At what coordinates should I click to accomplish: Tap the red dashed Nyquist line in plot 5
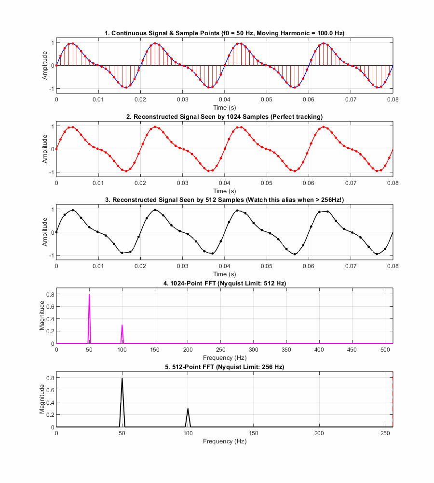pyautogui.click(x=393, y=399)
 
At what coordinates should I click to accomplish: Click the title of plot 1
pyautogui.click(x=225, y=33)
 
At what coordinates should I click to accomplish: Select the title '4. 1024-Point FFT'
pyautogui.click(x=225, y=284)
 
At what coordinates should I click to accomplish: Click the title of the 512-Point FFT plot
pyautogui.click(x=225, y=367)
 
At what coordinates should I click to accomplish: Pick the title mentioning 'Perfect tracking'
pyautogui.click(x=225, y=117)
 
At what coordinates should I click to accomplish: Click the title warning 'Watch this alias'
pyautogui.click(x=225, y=200)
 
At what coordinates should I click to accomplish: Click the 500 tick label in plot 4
pyautogui.click(x=385, y=350)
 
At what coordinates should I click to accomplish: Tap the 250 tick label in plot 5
pyautogui.click(x=385, y=433)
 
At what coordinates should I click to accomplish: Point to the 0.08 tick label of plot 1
pyautogui.click(x=393, y=99)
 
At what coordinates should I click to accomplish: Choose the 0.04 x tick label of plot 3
pyautogui.click(x=225, y=266)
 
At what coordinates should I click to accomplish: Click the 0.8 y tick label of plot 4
pyautogui.click(x=51, y=295)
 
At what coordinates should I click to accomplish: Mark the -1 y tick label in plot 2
pyautogui.click(x=52, y=172)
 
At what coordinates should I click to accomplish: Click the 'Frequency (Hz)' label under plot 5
pyautogui.click(x=225, y=441)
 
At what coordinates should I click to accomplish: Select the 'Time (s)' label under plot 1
pyautogui.click(x=225, y=108)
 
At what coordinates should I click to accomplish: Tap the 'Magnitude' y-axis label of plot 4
pyautogui.click(x=42, y=316)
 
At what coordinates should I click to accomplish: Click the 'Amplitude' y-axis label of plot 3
pyautogui.click(x=45, y=232)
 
